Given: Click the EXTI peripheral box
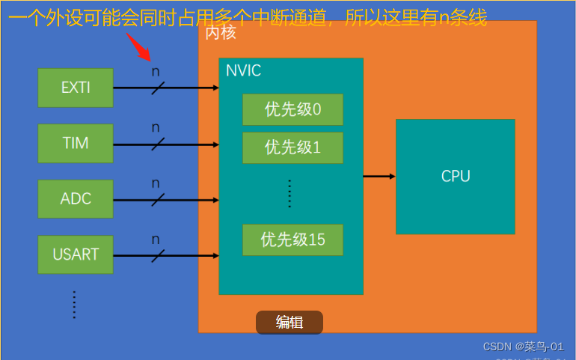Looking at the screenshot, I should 76,88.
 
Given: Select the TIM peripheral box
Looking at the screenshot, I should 76,143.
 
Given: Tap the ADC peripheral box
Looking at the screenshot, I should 76,198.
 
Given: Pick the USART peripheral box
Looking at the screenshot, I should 76,254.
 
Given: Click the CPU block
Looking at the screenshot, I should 455,177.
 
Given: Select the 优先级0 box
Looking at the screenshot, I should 292,110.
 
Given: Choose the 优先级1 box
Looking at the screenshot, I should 292,147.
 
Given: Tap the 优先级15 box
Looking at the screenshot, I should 292,240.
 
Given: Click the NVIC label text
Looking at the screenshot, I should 244,71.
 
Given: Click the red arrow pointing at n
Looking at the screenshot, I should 139,47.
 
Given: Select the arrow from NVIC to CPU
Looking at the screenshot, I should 379,177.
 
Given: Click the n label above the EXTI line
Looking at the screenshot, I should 156,72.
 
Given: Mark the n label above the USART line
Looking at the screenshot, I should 156,240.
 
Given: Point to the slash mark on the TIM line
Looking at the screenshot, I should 158,144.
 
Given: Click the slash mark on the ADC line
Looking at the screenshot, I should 158,200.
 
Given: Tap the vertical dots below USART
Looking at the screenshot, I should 74,304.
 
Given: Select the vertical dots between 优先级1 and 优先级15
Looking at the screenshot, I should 289,194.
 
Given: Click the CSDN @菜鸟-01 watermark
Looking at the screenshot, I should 523,347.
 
